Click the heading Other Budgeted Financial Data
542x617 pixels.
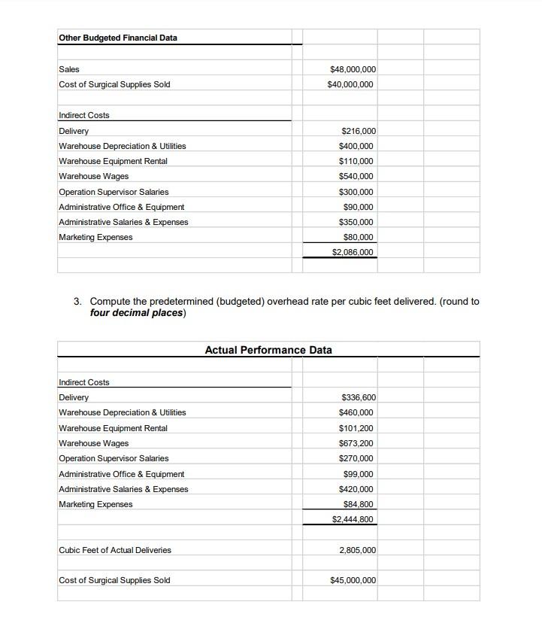pyautogui.click(x=118, y=38)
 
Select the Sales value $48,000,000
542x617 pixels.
pyautogui.click(x=353, y=69)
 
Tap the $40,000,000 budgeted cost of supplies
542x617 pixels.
pyautogui.click(x=350, y=84)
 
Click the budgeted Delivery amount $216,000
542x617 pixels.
pyautogui.click(x=358, y=131)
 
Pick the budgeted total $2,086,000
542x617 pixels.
pyautogui.click(x=352, y=252)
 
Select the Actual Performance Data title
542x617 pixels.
pyautogui.click(x=268, y=350)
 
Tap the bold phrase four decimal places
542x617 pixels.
pyautogui.click(x=137, y=313)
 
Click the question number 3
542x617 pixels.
pyautogui.click(x=77, y=302)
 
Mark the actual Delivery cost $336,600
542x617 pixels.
pyautogui.click(x=358, y=397)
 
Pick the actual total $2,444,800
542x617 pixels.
pyautogui.click(x=352, y=519)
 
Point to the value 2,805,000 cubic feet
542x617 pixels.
pyautogui.click(x=357, y=550)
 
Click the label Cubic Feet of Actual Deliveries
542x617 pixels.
pyautogui.click(x=115, y=550)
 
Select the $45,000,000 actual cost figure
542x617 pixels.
pyautogui.click(x=353, y=580)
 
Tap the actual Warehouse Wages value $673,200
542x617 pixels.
pyautogui.click(x=356, y=443)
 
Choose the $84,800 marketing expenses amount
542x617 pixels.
pyautogui.click(x=358, y=504)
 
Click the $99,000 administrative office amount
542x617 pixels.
pyautogui.click(x=358, y=474)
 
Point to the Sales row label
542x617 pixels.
pyautogui.click(x=69, y=69)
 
